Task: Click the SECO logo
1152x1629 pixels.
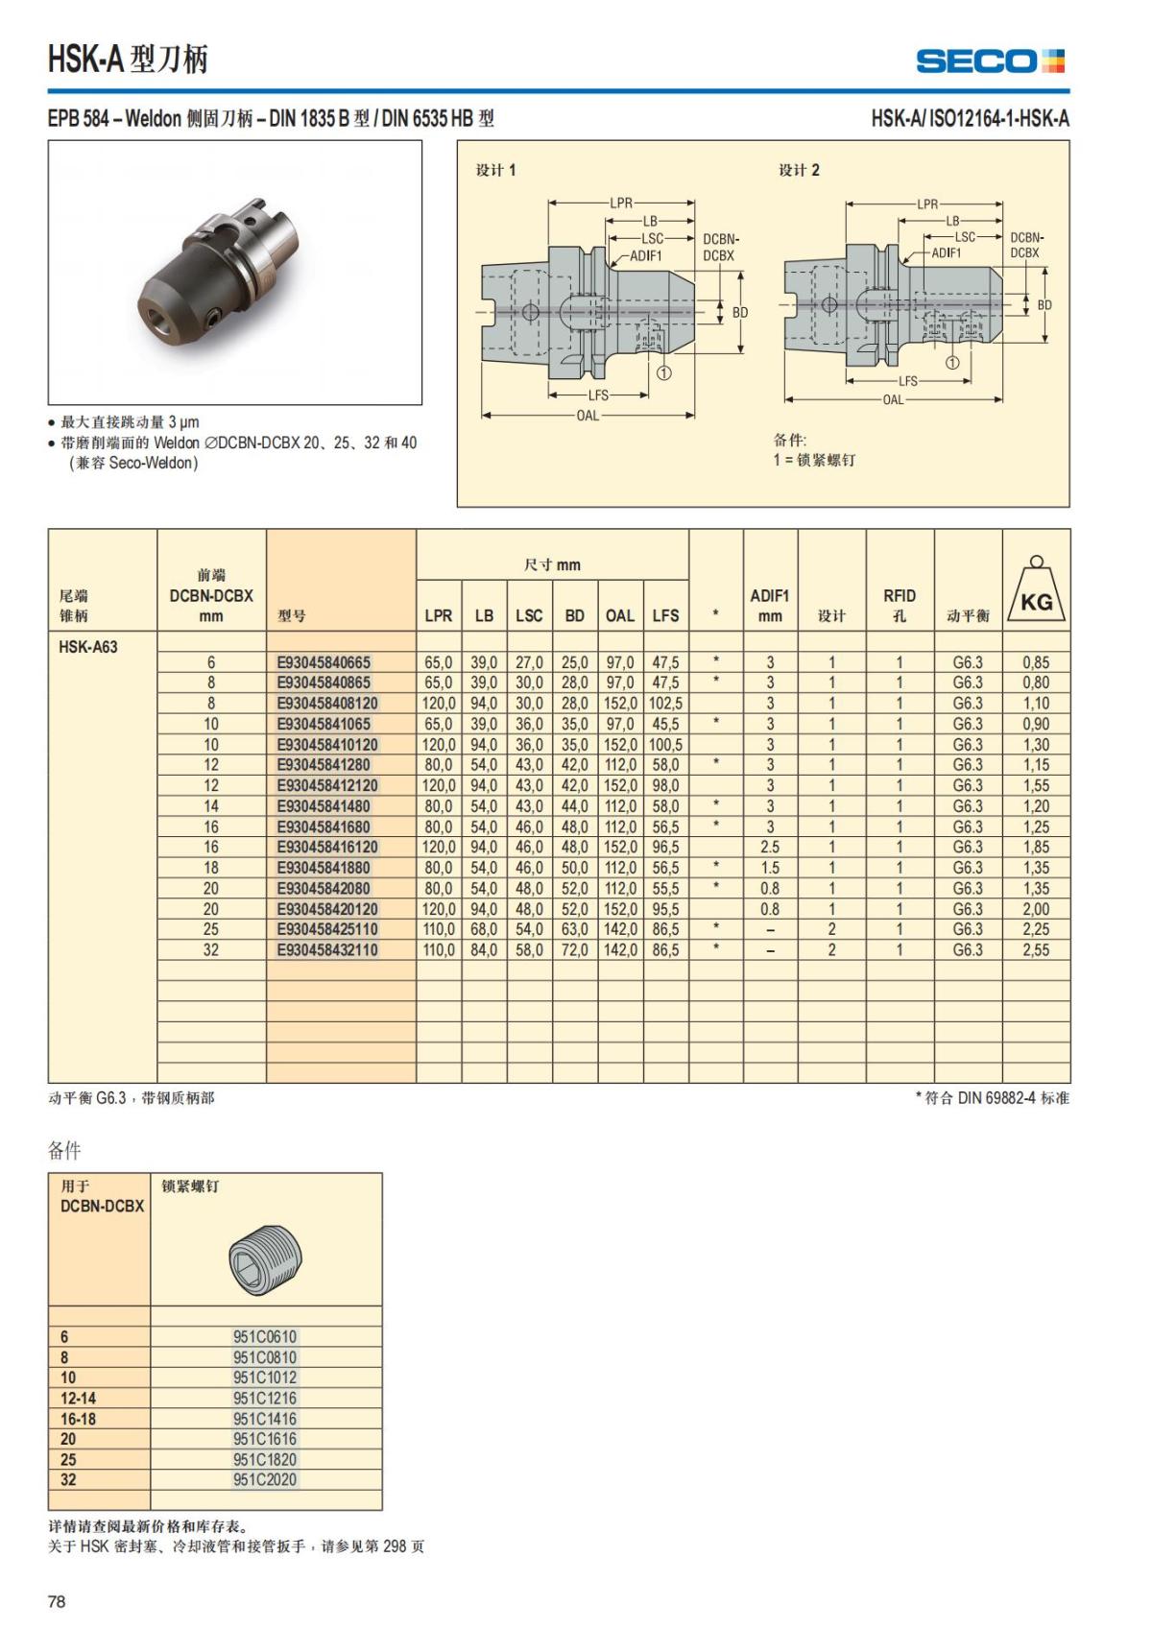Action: (990, 61)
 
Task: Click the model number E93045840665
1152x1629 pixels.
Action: (324, 662)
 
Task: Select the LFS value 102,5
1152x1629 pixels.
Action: (665, 704)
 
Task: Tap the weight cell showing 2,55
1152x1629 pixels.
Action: (1036, 950)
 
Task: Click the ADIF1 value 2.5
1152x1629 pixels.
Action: (770, 848)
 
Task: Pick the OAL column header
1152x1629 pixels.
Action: (619, 616)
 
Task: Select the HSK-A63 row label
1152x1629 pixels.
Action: (88, 647)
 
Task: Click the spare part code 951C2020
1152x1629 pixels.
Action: (265, 1480)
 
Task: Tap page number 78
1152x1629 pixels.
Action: (57, 1601)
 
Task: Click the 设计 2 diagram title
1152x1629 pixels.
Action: (799, 170)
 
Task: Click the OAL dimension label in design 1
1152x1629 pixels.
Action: (588, 416)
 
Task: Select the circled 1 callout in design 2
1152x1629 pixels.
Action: (951, 363)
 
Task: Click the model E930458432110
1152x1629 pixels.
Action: (327, 950)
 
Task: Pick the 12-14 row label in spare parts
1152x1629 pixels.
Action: (79, 1399)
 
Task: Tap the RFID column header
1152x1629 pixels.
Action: (900, 605)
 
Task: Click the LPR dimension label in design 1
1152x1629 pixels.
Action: (621, 203)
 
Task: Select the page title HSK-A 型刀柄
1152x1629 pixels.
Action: (128, 60)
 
